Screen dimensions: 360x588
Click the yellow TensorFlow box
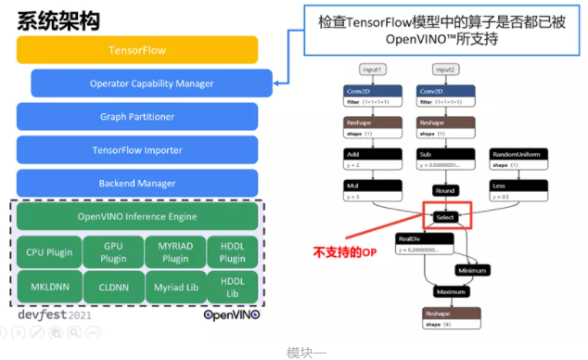(136, 49)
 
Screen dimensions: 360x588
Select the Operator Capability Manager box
(150, 84)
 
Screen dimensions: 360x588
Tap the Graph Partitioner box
(136, 117)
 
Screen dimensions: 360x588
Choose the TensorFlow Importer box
(136, 149)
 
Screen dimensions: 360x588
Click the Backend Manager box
(136, 183)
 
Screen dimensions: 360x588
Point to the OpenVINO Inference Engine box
(136, 217)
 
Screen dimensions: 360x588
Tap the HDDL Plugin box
(231, 252)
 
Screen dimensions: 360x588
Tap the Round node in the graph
(446, 190)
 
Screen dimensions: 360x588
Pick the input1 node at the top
(372, 70)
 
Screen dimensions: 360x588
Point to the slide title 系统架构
(58, 19)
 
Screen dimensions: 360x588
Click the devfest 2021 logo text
(56, 315)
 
